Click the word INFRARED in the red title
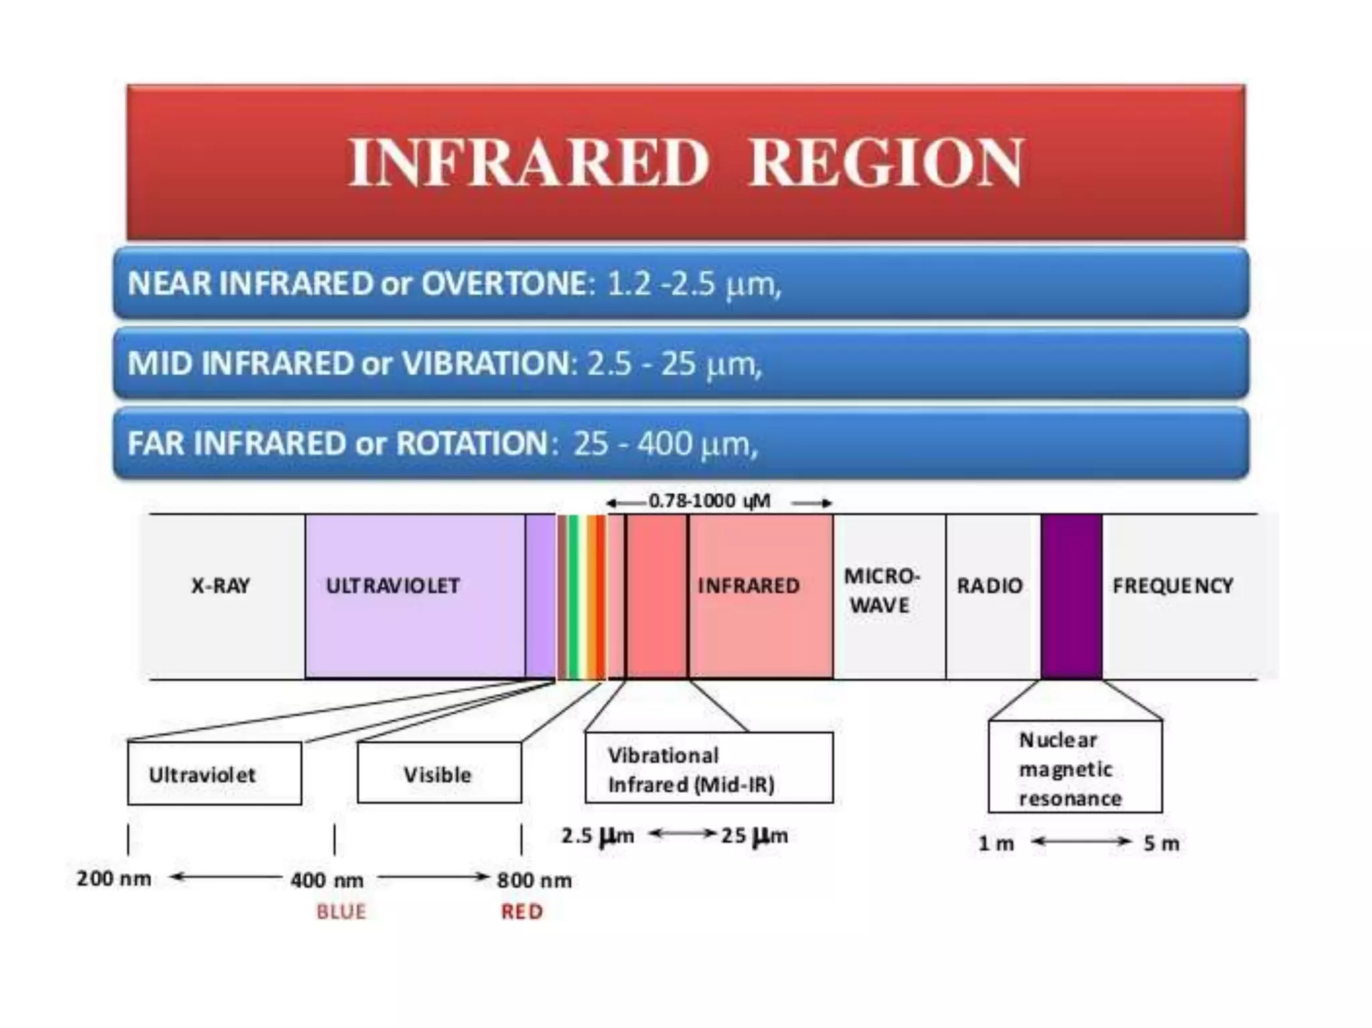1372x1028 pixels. (528, 162)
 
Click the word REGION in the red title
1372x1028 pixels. (886, 162)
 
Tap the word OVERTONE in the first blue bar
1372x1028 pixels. (504, 283)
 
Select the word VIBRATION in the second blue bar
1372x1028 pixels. (485, 364)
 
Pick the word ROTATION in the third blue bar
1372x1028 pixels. (472, 444)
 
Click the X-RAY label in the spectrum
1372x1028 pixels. (220, 586)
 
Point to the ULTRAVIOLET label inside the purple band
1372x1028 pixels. (393, 586)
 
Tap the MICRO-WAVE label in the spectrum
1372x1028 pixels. (881, 590)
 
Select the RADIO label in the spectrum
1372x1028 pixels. (989, 586)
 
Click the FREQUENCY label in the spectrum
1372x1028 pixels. (1172, 586)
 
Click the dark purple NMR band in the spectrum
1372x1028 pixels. (1071, 596)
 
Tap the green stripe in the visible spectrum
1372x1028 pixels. (573, 596)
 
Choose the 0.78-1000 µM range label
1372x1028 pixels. (709, 501)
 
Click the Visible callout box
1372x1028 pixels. (439, 773)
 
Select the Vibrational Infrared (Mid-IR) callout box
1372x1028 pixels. (709, 768)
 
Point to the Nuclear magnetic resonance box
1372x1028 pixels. (1075, 768)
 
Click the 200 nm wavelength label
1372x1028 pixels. (114, 879)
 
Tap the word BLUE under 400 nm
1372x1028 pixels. (342, 911)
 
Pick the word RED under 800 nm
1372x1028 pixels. (522, 911)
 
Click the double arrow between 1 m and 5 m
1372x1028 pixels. (1081, 842)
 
